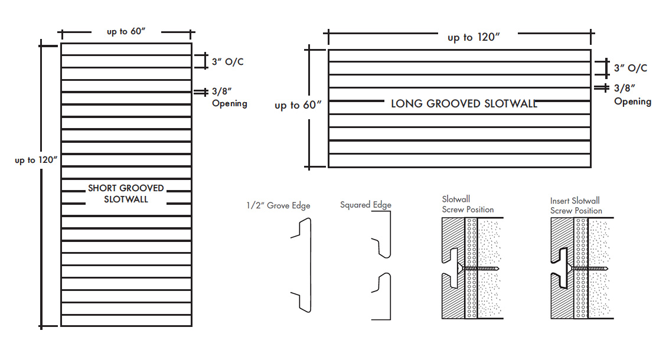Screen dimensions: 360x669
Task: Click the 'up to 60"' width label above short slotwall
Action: (x=125, y=32)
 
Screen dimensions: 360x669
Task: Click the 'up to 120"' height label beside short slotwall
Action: (x=36, y=160)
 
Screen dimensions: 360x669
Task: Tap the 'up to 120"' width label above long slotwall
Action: (x=474, y=37)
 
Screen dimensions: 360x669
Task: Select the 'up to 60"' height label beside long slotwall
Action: (x=298, y=105)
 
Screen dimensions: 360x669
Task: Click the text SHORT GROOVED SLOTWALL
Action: (x=126, y=194)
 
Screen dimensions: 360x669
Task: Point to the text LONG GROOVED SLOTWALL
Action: (x=464, y=104)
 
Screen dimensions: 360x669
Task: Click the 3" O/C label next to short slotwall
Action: (x=227, y=62)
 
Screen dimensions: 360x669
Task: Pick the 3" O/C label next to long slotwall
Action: (x=630, y=68)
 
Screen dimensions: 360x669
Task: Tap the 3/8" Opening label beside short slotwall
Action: (x=229, y=97)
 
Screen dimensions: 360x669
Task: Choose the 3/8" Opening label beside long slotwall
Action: (x=632, y=95)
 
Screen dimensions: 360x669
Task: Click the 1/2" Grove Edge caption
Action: (x=278, y=205)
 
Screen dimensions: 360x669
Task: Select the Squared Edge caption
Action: (x=365, y=205)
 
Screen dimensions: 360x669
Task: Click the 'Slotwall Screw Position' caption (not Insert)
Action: (x=468, y=205)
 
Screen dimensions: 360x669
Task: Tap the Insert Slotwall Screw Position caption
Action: (x=576, y=205)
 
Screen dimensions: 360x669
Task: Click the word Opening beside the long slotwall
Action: (x=632, y=102)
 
